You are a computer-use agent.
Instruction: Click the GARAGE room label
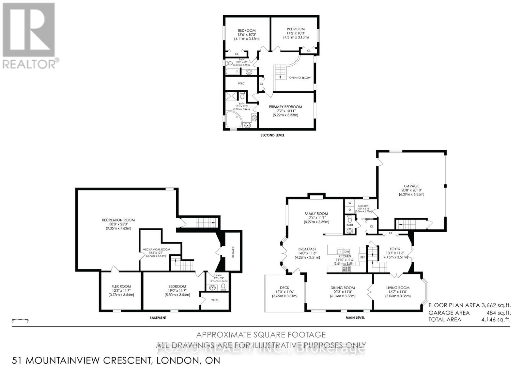[x=411, y=186]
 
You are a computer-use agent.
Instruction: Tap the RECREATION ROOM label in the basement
[x=118, y=220]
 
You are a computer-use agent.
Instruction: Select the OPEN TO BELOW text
[x=299, y=78]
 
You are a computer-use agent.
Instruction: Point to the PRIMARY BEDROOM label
[x=285, y=107]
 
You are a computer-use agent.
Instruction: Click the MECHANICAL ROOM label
[x=156, y=250]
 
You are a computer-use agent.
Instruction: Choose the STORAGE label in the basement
[x=233, y=252]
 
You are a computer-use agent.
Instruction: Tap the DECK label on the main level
[x=285, y=288]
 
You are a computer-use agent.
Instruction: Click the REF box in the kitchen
[x=362, y=257]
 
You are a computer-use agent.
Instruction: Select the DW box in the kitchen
[x=346, y=252]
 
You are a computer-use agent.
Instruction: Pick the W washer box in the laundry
[x=349, y=203]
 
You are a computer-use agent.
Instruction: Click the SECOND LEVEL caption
[x=272, y=135]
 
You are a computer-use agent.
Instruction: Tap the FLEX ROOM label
[x=121, y=286]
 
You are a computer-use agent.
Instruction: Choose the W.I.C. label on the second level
[x=241, y=83]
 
